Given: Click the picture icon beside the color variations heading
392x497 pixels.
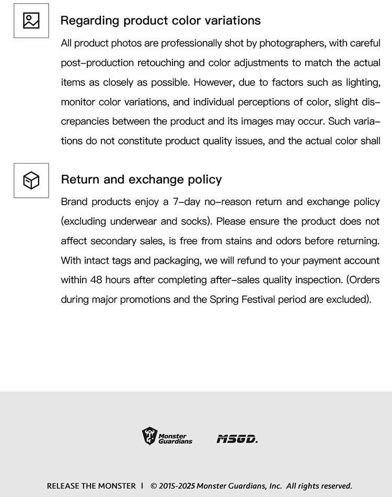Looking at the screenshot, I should point(31,21).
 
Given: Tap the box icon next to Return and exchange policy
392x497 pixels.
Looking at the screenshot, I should point(31,180).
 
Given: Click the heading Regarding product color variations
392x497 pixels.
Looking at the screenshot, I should point(160,21).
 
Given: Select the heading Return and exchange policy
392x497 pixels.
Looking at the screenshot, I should point(141,180).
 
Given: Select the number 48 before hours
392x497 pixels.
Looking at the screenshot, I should point(96,280).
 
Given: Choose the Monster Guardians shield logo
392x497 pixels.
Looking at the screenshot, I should point(149,435).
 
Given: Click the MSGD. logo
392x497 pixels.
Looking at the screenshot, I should point(237,438).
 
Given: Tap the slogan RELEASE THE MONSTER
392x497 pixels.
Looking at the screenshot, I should point(91,486).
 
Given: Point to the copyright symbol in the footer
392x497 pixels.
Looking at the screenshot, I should point(154,486).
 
